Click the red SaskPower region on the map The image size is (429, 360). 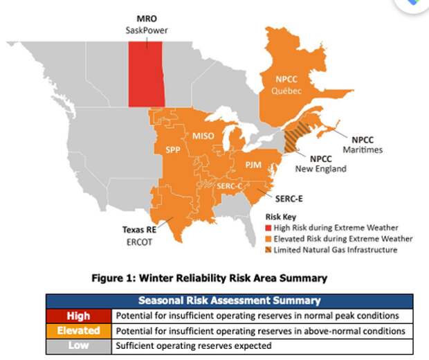coord(147,74)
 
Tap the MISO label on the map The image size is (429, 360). coord(203,136)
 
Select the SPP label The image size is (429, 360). coord(173,150)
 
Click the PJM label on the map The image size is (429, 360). coord(253,165)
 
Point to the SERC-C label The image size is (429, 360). coord(229,186)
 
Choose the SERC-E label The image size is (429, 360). coord(289,199)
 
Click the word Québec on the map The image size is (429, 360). coord(286,91)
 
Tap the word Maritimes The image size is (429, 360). coord(363,150)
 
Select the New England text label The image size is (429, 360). coord(320,169)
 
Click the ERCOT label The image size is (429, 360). coord(139,242)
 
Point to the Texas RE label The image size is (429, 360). coord(139,229)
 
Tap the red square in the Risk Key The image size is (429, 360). coord(268,228)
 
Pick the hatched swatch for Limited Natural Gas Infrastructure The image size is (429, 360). coord(268,250)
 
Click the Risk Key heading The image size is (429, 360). coord(281,217)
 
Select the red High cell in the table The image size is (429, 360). coord(79,316)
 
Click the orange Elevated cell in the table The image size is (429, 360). coord(79,331)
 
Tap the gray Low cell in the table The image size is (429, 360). coord(79,345)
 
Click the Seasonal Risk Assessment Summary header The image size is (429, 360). coord(230,300)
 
